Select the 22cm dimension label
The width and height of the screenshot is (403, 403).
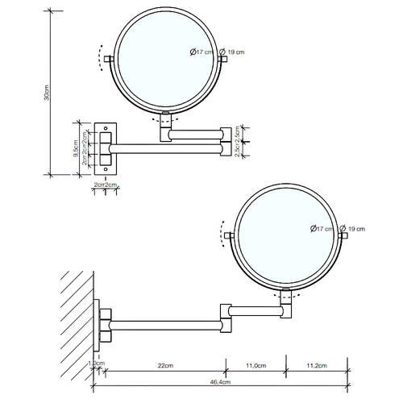pyautogui.click(x=165, y=368)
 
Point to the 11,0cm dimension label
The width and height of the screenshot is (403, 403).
pyautogui.click(x=255, y=368)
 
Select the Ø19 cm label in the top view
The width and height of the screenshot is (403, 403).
pyautogui.click(x=234, y=52)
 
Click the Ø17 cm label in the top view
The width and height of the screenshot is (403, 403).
pyautogui.click(x=201, y=52)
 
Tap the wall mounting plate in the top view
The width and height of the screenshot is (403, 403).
pyautogui.click(x=105, y=147)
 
